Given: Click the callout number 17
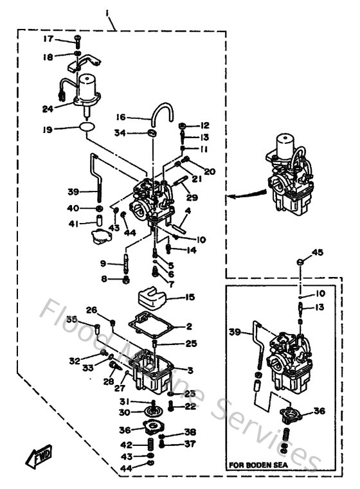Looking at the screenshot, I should [x=48, y=39].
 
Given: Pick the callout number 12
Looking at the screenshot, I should [x=204, y=125].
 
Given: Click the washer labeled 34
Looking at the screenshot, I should [x=152, y=133].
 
